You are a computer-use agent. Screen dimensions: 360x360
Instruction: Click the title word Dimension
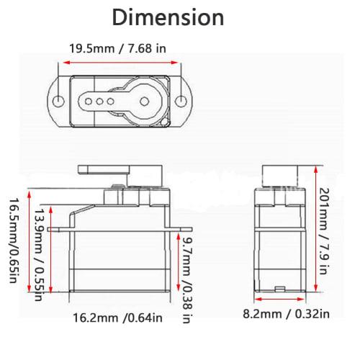[x=167, y=17]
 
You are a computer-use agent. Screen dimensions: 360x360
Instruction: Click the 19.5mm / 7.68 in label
[x=117, y=48]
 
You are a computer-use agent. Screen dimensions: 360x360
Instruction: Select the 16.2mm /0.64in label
[x=118, y=317]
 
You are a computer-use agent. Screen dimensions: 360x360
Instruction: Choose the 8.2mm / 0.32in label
[x=285, y=313]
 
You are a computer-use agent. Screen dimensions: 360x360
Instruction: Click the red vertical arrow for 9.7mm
[x=176, y=264]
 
